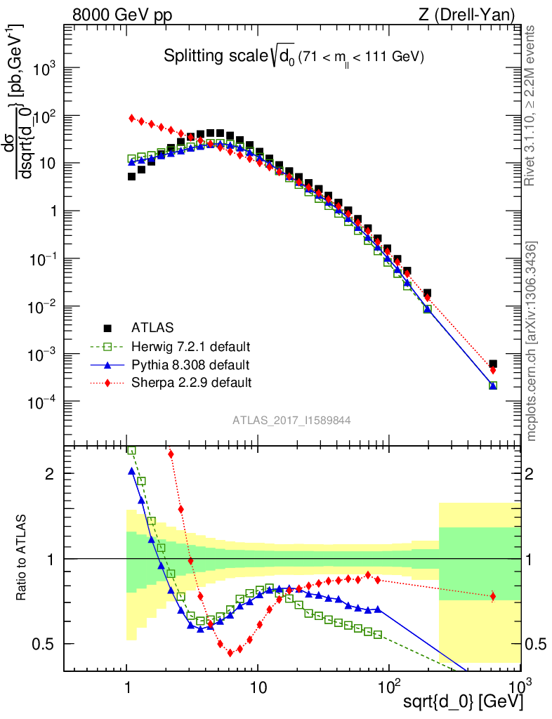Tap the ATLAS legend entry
(x=152, y=327)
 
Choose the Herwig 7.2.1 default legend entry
(x=191, y=346)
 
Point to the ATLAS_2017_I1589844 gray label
(x=291, y=421)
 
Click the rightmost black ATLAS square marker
(x=493, y=364)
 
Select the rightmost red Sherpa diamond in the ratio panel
(x=493, y=596)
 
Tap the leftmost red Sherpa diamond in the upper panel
(x=131, y=118)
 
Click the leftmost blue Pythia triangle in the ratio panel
(x=131, y=471)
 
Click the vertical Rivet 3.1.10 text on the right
(x=531, y=105)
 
